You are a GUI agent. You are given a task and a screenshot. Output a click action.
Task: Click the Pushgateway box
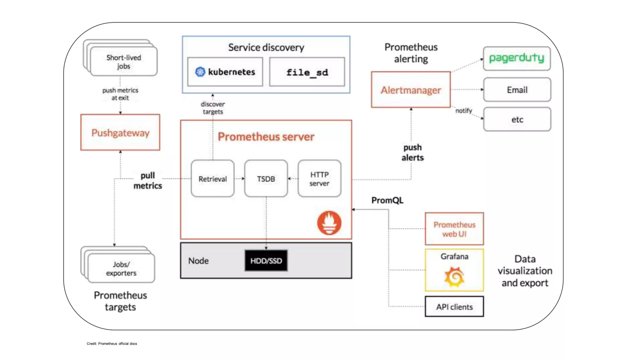point(120,132)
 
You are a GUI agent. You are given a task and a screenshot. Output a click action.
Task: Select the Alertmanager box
point(411,90)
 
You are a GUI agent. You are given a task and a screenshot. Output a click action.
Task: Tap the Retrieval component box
point(212,179)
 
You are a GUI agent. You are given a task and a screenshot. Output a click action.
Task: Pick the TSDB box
point(266,179)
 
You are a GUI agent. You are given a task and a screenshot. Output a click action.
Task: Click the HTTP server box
point(319,179)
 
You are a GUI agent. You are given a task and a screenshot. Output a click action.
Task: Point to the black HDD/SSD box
point(266,261)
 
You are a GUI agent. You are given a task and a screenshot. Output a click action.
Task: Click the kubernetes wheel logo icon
point(200,72)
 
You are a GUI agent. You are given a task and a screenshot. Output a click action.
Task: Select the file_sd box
point(307,72)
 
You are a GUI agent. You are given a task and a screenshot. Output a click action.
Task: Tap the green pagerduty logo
point(517,58)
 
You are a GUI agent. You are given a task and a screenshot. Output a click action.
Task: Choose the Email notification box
point(517,90)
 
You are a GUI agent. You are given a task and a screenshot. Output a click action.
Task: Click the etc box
point(517,119)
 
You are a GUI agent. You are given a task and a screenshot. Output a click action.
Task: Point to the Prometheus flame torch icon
point(329,223)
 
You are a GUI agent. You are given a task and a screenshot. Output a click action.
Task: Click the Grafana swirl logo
point(454,277)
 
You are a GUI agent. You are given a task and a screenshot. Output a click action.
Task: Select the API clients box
point(454,307)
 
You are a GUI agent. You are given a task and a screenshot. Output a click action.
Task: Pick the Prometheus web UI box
point(454,229)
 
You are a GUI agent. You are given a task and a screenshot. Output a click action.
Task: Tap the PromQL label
point(387,200)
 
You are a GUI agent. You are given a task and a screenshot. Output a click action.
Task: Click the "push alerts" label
point(412,152)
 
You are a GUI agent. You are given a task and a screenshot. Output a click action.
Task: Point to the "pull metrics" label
point(147,181)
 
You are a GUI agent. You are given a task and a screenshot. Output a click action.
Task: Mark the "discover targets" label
point(213,108)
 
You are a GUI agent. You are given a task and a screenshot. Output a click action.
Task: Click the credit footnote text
point(112,344)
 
